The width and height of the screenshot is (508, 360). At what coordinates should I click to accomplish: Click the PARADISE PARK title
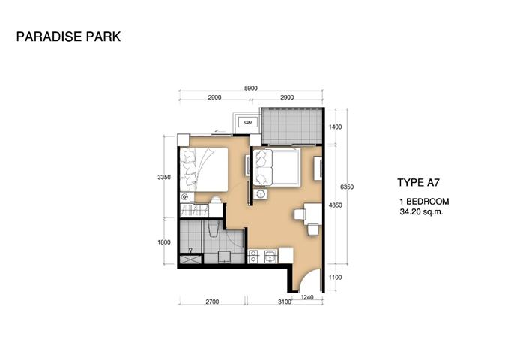point(68,37)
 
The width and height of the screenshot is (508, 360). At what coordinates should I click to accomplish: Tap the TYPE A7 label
point(418,183)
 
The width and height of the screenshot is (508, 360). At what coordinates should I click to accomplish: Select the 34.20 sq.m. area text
point(421,212)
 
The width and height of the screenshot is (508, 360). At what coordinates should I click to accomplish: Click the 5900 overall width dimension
point(251,88)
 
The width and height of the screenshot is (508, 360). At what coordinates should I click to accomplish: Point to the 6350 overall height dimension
point(347,187)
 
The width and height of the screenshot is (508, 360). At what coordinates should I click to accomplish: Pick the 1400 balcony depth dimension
point(335,127)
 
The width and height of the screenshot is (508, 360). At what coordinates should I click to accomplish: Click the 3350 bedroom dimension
point(164,178)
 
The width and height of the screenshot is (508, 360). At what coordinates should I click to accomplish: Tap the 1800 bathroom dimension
point(164,242)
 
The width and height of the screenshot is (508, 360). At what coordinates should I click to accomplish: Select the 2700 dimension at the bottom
point(212,301)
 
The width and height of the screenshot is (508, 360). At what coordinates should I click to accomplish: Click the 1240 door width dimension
point(307,297)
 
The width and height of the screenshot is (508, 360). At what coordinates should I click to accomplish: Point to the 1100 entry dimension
point(335,277)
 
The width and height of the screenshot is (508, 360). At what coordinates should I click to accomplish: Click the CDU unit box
point(248,122)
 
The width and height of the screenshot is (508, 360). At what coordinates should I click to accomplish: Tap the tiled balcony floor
point(292,126)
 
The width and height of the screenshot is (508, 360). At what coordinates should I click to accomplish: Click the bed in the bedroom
point(204,169)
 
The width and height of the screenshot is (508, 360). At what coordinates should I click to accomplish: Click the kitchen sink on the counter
point(270,256)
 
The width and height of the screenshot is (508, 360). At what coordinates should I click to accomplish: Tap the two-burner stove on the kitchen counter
point(253,256)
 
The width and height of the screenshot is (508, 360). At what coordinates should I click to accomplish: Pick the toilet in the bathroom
point(214,229)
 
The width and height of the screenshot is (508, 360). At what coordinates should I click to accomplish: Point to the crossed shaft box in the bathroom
point(190,259)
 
